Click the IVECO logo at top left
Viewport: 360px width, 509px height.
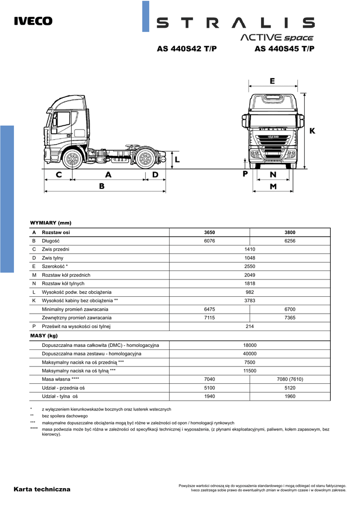click(x=33, y=21)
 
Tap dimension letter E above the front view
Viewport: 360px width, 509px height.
click(x=272, y=81)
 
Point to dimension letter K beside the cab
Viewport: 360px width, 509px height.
click(x=312, y=131)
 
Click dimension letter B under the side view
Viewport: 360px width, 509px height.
click(x=101, y=186)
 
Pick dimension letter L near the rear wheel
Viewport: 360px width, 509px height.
click(x=177, y=159)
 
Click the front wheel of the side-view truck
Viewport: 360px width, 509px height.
click(x=73, y=159)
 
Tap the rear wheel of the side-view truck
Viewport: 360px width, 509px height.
click(x=145, y=159)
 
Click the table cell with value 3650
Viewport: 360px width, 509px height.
click(x=210, y=232)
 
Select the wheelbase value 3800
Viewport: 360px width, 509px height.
click(x=290, y=232)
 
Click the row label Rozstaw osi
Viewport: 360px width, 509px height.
click(x=56, y=232)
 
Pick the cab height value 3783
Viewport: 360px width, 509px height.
click(x=250, y=301)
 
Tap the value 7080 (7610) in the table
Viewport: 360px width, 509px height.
click(x=290, y=379)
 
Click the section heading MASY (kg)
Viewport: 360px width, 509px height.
click(x=44, y=336)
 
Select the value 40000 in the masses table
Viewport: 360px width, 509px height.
click(x=250, y=353)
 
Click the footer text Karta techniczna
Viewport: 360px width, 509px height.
click(x=42, y=489)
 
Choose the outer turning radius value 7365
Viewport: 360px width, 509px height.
click(x=290, y=318)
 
